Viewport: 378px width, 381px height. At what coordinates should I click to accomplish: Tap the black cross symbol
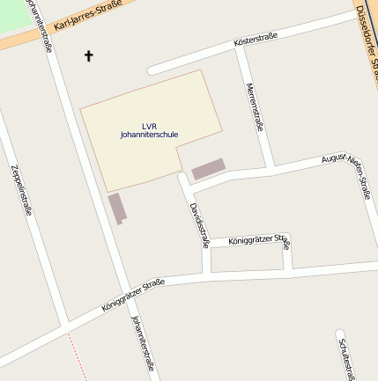pyautogui.click(x=88, y=56)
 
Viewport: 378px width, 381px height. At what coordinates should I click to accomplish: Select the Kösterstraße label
pyautogui.click(x=256, y=39)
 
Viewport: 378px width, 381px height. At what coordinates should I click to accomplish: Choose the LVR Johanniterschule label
pyautogui.click(x=149, y=129)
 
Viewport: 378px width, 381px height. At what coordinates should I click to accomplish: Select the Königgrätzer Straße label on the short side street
pyautogui.click(x=258, y=240)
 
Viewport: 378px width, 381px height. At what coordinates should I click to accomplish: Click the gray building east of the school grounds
pyautogui.click(x=208, y=169)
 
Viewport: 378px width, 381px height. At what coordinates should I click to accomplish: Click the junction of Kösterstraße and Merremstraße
pyautogui.click(x=239, y=47)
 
